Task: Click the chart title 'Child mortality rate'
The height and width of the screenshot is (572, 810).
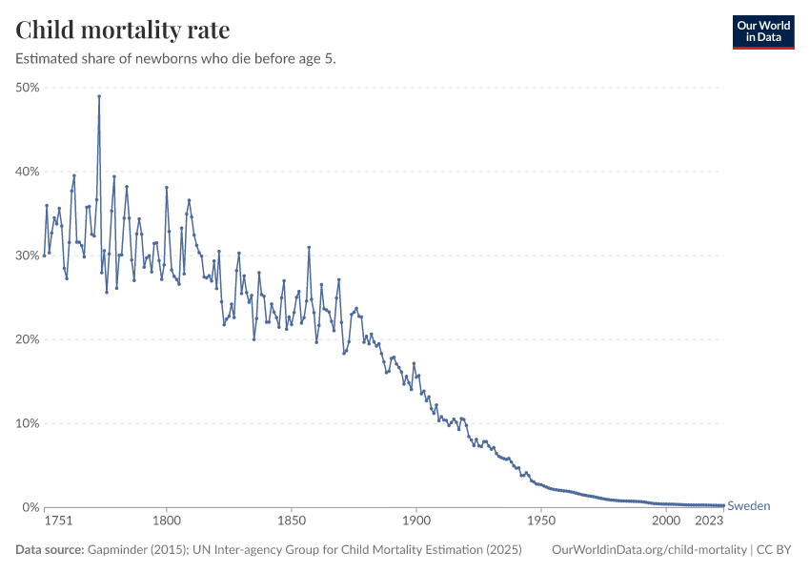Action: (123, 30)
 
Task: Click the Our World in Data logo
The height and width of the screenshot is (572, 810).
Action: (762, 31)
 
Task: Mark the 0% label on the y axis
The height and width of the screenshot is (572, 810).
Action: (30, 507)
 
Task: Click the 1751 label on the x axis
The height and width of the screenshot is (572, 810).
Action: (58, 521)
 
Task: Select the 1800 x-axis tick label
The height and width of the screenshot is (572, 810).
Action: (167, 521)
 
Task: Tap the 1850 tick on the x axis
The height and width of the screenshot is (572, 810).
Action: (292, 521)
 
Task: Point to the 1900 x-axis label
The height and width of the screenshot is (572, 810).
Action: (416, 521)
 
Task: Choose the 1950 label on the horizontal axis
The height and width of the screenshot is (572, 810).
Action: (541, 521)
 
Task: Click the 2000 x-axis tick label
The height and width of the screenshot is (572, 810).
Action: (666, 521)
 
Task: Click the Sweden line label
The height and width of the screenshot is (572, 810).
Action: (748, 506)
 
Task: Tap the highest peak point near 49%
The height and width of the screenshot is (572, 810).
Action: (99, 96)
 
